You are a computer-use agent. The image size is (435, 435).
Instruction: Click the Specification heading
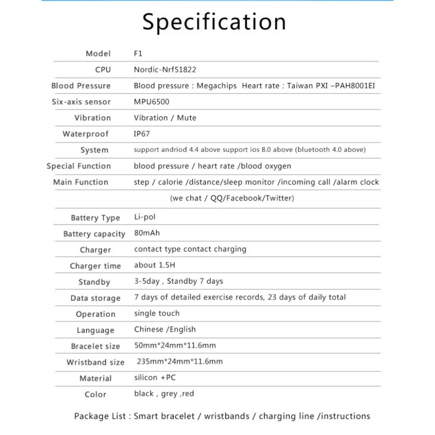[214, 22]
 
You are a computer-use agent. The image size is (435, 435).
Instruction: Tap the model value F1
[138, 53]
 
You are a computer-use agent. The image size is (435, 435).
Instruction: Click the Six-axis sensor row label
[81, 102]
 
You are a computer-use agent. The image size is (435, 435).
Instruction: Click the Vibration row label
[92, 118]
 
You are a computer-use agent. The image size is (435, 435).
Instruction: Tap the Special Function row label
[78, 166]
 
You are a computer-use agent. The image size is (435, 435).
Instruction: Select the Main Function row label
[80, 182]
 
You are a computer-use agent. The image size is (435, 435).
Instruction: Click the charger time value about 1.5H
[155, 265]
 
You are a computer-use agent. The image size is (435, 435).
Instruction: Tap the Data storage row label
[95, 298]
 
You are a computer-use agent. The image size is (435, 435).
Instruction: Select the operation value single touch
[157, 313]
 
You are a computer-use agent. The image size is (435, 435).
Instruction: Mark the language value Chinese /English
[165, 330]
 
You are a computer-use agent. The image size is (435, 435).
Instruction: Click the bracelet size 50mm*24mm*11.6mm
[175, 345]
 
